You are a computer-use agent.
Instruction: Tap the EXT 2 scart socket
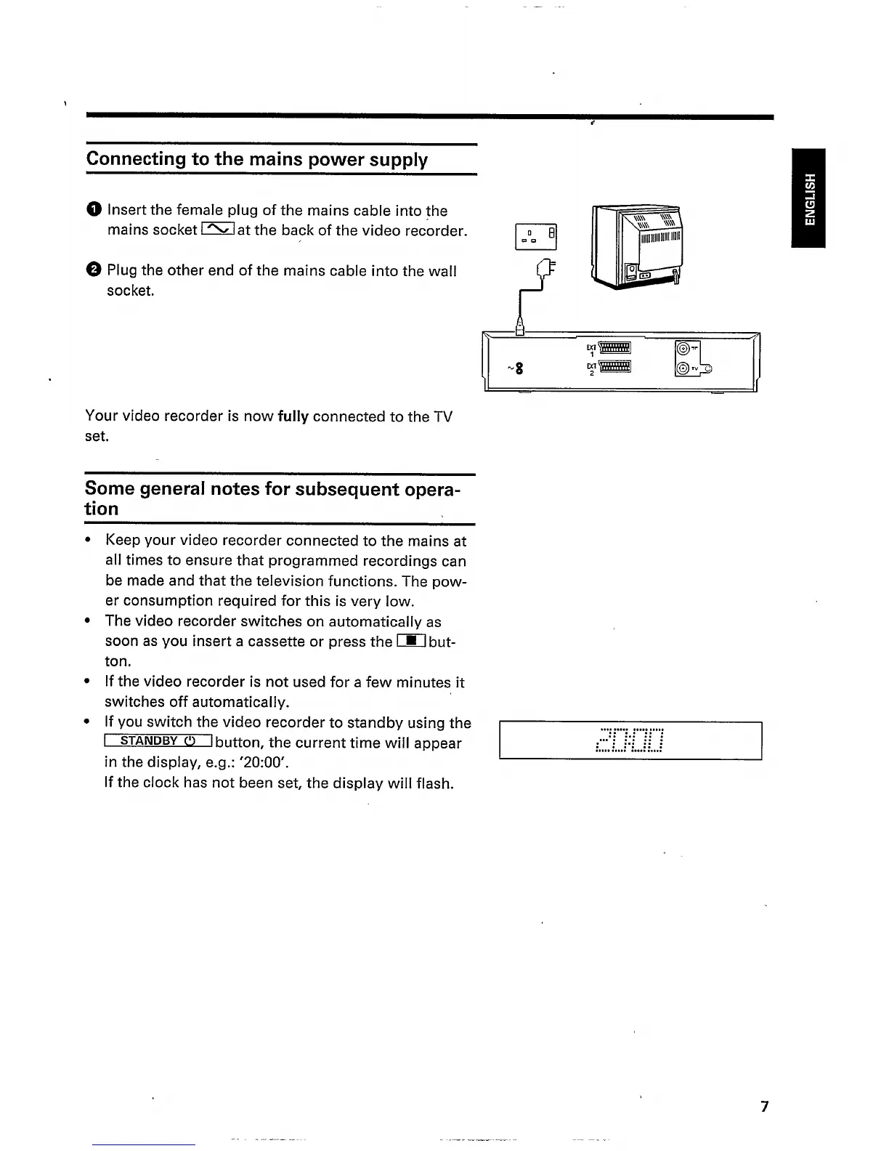[614, 368]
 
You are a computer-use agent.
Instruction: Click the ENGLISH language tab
[809, 198]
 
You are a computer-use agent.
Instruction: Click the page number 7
[763, 1107]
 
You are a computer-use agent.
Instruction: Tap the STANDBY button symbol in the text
[158, 742]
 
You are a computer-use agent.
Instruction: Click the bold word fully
[293, 416]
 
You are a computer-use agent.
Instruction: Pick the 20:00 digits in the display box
[629, 740]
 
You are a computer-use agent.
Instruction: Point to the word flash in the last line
[433, 783]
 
